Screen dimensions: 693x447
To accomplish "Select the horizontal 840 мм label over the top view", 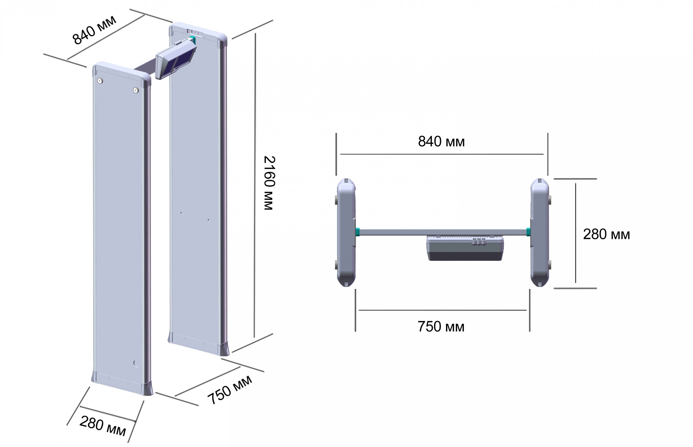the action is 441,142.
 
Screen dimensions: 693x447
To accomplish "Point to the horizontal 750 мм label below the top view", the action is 441,326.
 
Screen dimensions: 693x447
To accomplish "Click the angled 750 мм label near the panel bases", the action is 230,390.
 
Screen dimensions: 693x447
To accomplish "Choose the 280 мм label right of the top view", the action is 606,234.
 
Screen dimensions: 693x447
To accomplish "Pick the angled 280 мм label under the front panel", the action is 103,426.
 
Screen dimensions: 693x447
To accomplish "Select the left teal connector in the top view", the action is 357,232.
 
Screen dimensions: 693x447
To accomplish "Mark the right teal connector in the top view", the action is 528,232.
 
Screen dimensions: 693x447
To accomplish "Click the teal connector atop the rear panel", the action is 193,40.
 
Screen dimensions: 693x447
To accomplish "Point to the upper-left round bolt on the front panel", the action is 100,81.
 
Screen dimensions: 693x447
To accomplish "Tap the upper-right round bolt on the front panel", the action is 136,90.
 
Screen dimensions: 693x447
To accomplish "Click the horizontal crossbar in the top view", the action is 443,232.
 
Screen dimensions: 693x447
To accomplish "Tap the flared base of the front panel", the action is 122,383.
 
